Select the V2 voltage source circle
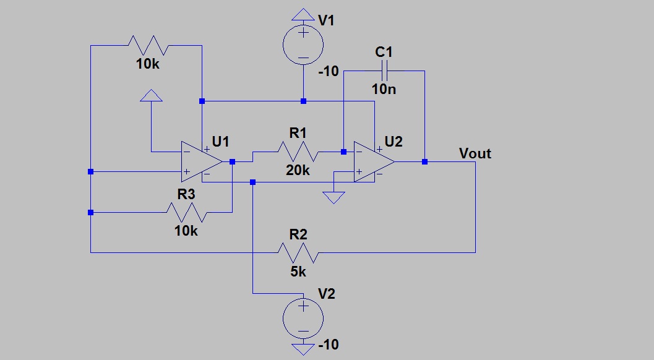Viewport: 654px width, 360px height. (303, 317)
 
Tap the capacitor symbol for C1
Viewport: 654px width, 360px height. (384, 71)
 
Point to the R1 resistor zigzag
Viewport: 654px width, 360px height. (298, 151)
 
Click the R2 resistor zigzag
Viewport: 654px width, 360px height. (298, 252)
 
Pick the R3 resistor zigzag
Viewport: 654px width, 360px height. (186, 213)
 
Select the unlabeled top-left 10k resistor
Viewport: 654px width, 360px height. (147, 45)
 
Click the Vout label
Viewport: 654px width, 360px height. (475, 153)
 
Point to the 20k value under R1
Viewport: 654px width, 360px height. (298, 170)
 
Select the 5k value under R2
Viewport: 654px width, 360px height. (298, 271)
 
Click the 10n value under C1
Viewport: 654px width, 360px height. (384, 89)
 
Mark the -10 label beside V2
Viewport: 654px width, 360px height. (328, 345)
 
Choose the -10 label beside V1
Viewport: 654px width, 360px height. (329, 72)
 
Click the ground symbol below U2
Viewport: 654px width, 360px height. (333, 197)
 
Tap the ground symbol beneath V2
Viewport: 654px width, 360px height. (303, 349)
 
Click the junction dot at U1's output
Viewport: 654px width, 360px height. (232, 161)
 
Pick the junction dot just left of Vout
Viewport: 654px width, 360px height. (425, 161)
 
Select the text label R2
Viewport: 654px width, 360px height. (298, 234)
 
